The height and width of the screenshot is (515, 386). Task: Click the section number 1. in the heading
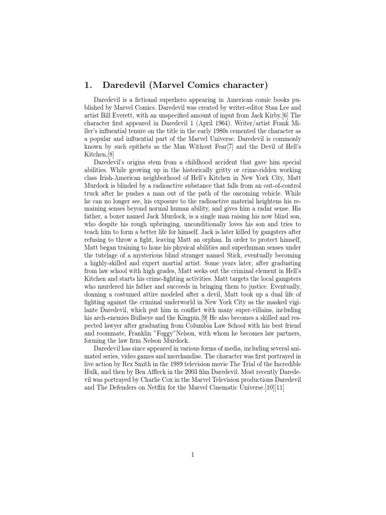pyautogui.click(x=88, y=84)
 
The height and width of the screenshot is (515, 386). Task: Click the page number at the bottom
pyautogui.click(x=192, y=456)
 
